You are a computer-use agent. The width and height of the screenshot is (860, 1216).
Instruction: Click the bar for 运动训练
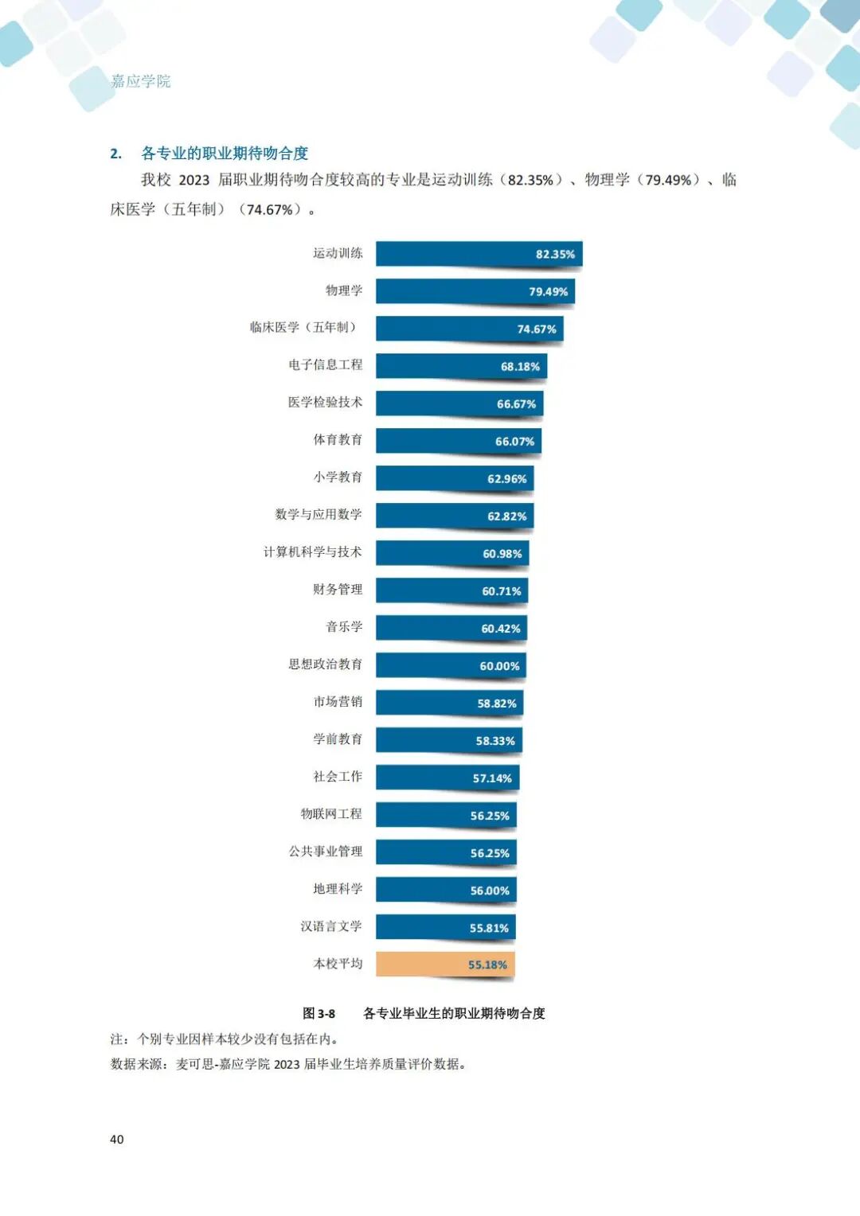coord(479,254)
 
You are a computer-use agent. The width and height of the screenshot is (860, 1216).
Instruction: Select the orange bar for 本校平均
coord(445,964)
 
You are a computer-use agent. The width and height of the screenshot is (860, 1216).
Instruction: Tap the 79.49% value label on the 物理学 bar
coord(548,291)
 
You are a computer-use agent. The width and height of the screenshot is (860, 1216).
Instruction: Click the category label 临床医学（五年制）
coord(305,327)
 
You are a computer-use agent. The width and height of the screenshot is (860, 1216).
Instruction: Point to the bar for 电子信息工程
coord(461,366)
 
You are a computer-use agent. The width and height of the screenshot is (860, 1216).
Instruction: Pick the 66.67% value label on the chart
coord(516,403)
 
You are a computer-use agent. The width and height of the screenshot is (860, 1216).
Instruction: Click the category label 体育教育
coord(338,439)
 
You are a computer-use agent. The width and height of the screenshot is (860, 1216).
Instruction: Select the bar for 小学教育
coord(454,478)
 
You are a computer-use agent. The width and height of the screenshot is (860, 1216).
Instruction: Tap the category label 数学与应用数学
coord(319,514)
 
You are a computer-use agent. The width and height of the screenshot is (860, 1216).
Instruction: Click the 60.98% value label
coord(502,553)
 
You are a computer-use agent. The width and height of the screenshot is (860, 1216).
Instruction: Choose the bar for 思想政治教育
coord(450,665)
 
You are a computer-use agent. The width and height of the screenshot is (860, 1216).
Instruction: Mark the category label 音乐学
coord(344,626)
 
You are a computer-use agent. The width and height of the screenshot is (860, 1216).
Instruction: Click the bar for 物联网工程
coord(446,815)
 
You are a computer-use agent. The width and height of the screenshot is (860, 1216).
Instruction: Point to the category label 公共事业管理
coord(325,851)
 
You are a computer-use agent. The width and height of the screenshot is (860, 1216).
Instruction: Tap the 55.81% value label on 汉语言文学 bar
coord(488,928)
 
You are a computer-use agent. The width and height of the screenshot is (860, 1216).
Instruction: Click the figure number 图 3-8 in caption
coord(319,1013)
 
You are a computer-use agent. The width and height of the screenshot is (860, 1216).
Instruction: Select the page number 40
coord(117,1139)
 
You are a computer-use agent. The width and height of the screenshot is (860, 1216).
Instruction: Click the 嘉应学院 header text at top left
coord(141,81)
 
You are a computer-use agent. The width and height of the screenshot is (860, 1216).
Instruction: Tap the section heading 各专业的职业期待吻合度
coord(225,153)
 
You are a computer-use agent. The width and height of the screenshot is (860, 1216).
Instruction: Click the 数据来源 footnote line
coord(287,1064)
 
